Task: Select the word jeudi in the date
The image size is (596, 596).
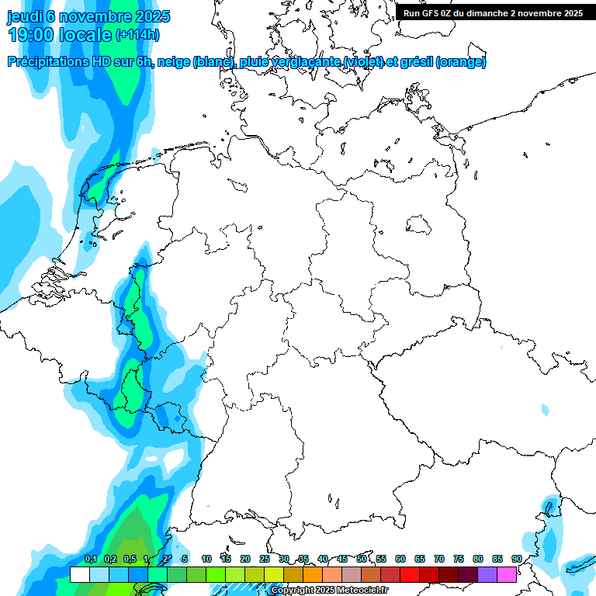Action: (x=25, y=16)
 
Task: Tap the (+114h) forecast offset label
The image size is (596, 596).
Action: (x=137, y=35)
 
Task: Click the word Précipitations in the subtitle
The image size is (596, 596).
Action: (x=48, y=62)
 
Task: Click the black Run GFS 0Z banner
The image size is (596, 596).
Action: (x=493, y=13)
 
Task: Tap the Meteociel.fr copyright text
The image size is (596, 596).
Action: (x=329, y=591)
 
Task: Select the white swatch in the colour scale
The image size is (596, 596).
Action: (x=79, y=574)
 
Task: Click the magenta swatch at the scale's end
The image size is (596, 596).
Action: (x=507, y=574)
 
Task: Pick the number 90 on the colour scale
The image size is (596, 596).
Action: (x=517, y=559)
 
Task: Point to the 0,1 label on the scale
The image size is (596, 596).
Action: (x=91, y=559)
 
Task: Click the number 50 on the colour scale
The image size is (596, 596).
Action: (x=362, y=559)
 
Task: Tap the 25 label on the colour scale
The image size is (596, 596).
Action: (x=265, y=559)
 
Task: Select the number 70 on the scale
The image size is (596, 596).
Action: (x=439, y=559)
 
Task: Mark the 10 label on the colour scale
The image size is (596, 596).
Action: (x=206, y=559)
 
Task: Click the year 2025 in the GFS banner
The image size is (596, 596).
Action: (x=571, y=13)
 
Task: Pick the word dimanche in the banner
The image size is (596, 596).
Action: (x=508, y=13)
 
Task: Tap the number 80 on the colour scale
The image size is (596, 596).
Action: (x=478, y=559)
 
